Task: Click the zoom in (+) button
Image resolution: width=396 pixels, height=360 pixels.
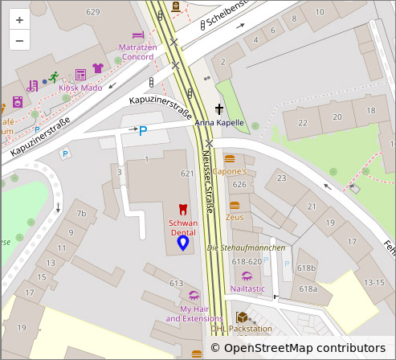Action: coord(19,19)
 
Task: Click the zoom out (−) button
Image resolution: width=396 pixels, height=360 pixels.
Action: coord(19,40)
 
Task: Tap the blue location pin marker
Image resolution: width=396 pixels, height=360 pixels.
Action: coord(183,242)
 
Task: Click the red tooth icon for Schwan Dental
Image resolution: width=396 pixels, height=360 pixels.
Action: coord(182,209)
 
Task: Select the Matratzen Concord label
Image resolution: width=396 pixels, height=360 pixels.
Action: coord(137,52)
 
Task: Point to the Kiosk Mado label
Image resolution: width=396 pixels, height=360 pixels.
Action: coord(80,88)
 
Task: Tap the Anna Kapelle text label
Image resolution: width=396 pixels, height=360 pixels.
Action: coord(219,123)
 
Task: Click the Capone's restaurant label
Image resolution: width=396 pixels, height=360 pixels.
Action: coord(229,172)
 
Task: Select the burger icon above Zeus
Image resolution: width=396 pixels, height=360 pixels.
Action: coord(235,206)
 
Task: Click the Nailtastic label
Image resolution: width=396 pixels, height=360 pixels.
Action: coord(247,288)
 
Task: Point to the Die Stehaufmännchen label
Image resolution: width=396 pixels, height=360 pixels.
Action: coord(247,247)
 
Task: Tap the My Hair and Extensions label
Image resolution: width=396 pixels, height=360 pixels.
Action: coord(194,313)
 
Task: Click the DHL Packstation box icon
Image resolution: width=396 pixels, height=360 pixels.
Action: coord(242,317)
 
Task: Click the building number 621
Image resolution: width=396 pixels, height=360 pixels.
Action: coord(188,174)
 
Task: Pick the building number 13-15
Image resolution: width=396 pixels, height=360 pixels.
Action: coord(374,282)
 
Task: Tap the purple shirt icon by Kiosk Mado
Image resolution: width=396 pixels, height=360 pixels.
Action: coord(98,69)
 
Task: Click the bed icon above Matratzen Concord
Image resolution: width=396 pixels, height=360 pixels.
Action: coord(137,35)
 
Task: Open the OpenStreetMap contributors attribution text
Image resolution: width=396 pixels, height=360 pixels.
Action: coord(304,348)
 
